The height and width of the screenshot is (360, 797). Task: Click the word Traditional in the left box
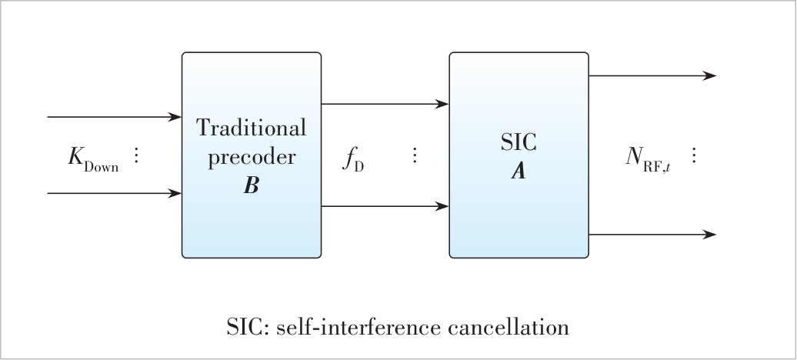point(251,128)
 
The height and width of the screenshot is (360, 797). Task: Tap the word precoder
point(251,157)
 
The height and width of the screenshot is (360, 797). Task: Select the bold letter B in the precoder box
point(251,186)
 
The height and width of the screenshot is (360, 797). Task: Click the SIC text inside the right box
point(519,143)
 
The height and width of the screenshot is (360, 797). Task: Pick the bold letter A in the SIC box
point(519,172)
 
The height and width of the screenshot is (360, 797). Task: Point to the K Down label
point(93,158)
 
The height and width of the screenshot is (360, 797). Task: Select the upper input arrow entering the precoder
point(114,117)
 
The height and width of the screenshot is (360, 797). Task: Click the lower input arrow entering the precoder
point(114,193)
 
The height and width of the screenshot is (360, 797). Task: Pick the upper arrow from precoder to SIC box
point(385,104)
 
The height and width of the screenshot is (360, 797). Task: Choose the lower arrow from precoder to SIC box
point(385,206)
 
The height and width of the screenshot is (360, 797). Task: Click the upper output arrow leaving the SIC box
point(652,75)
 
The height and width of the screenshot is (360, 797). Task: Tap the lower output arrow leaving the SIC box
point(652,234)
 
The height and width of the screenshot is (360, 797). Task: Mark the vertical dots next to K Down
point(137,155)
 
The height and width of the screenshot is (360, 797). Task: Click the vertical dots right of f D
point(415,155)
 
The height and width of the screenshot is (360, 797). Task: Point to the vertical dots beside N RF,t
point(693,155)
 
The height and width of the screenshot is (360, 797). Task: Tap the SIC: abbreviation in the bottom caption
point(246,327)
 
